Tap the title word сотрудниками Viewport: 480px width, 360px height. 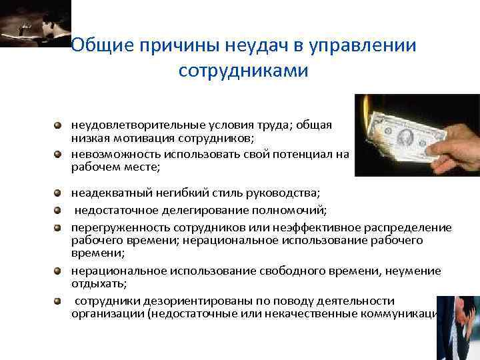tap(243, 70)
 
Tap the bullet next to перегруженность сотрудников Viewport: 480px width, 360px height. tap(59, 227)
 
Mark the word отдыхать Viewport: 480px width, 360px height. tap(93, 282)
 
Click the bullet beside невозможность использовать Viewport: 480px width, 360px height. tap(59, 153)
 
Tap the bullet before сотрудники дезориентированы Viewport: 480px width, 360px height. tap(59, 300)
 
